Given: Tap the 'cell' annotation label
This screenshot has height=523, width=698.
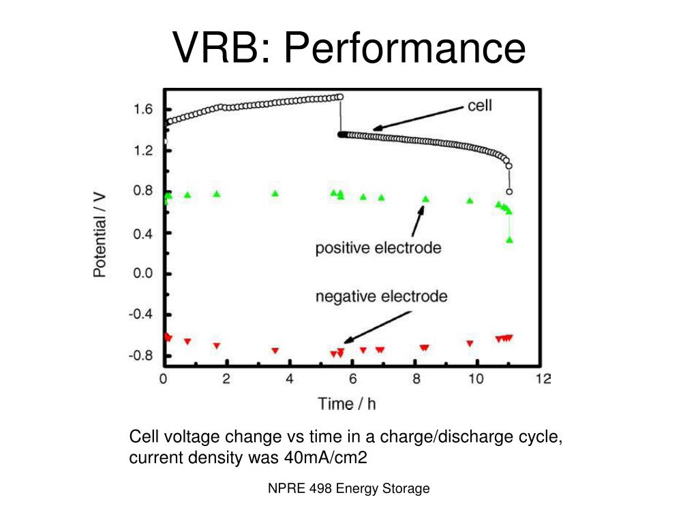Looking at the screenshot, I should [x=479, y=106].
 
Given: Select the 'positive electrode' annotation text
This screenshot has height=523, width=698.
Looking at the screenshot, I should [x=378, y=248].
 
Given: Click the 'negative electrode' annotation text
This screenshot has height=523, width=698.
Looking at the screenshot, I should [x=381, y=297].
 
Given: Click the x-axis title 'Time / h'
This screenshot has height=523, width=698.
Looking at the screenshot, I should [x=347, y=404].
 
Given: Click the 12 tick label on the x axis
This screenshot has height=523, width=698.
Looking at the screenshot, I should [x=542, y=379].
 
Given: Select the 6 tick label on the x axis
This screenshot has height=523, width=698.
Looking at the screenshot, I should [x=352, y=379].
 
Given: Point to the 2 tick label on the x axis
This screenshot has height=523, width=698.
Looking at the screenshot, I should [x=226, y=379].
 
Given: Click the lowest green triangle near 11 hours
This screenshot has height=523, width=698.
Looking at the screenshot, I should [x=509, y=240].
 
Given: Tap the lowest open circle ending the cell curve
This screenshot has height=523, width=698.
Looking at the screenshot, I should [x=509, y=191].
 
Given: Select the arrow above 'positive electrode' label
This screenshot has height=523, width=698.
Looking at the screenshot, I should [x=416, y=221].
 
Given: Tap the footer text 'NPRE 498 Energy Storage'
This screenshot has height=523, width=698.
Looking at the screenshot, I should [x=348, y=488].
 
